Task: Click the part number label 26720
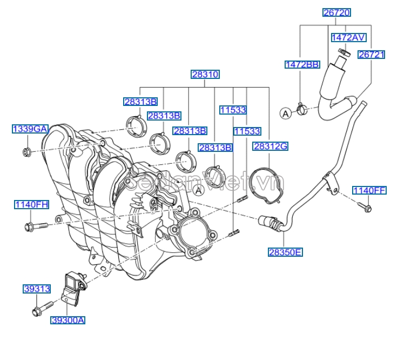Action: pyautogui.click(x=336, y=12)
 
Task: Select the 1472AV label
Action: pyautogui.click(x=348, y=37)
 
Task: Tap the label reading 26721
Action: pyautogui.click(x=372, y=55)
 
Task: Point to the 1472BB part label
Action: pyautogui.click(x=302, y=64)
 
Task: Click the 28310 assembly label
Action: pyautogui.click(x=205, y=75)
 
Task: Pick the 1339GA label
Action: pyautogui.click(x=30, y=129)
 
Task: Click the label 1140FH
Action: pyautogui.click(x=31, y=204)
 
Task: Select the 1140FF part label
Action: pyautogui.click(x=369, y=190)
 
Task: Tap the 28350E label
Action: pyautogui.click(x=285, y=251)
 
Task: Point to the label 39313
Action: pyautogui.click(x=37, y=289)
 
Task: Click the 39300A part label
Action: pyautogui.click(x=68, y=320)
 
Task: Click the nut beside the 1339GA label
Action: pyautogui.click(x=27, y=152)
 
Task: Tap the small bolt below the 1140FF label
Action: pyautogui.click(x=363, y=206)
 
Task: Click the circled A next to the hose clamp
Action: pyautogui.click(x=285, y=113)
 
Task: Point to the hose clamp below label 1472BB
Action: pyautogui.click(x=301, y=110)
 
